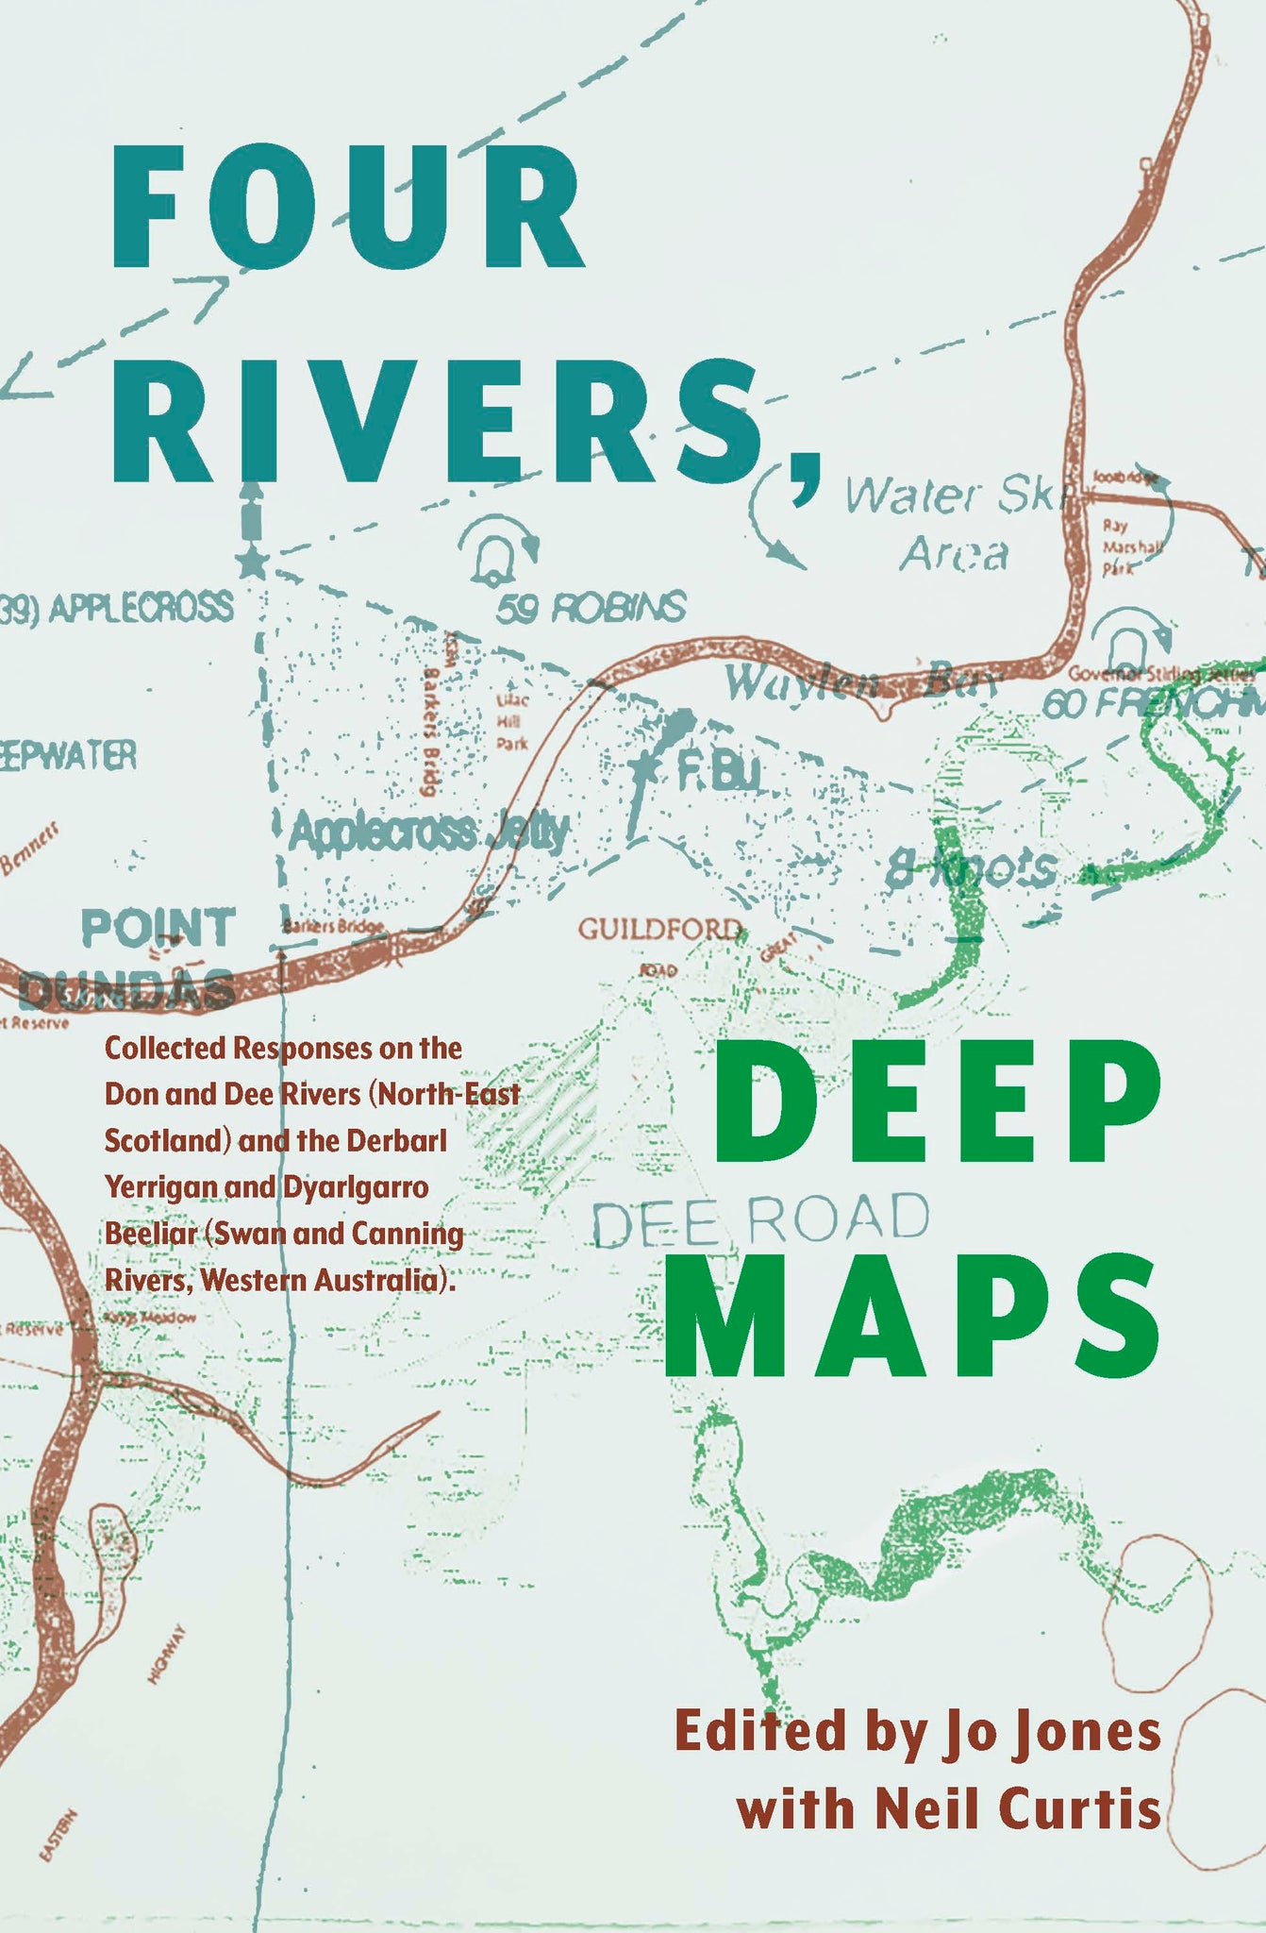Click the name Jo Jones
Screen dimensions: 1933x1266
pyautogui.click(x=1047, y=1733)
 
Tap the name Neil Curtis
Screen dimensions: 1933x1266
pyautogui.click(x=1018, y=1809)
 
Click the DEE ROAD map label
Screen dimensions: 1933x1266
pyautogui.click(x=760, y=1219)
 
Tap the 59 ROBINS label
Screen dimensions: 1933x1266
pyautogui.click(x=591, y=608)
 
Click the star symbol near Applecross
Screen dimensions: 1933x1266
pyautogui.click(x=252, y=563)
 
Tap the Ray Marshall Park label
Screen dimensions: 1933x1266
pyautogui.click(x=1132, y=546)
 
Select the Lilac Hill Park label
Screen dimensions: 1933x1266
pyautogui.click(x=512, y=722)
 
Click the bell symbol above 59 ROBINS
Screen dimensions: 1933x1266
pyautogui.click(x=491, y=558)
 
